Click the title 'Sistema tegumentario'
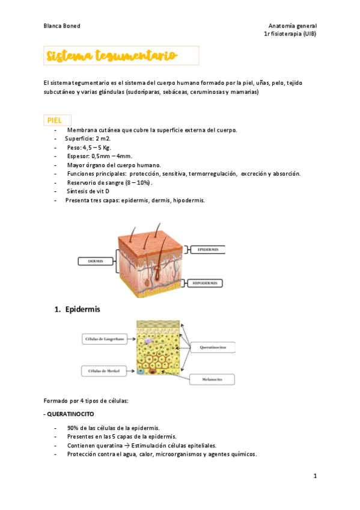[112, 57]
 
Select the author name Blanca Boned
[62, 26]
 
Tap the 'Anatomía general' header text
[292, 26]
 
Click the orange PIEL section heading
[55, 120]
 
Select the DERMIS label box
[96, 261]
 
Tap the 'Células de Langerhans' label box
[103, 340]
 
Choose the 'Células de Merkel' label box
[103, 371]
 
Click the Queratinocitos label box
[213, 348]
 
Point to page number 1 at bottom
[314, 476]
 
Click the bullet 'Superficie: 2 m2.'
[88, 138]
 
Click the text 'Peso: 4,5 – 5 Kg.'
[89, 147]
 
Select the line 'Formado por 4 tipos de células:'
[86, 401]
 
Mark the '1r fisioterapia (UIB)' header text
[290, 34]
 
